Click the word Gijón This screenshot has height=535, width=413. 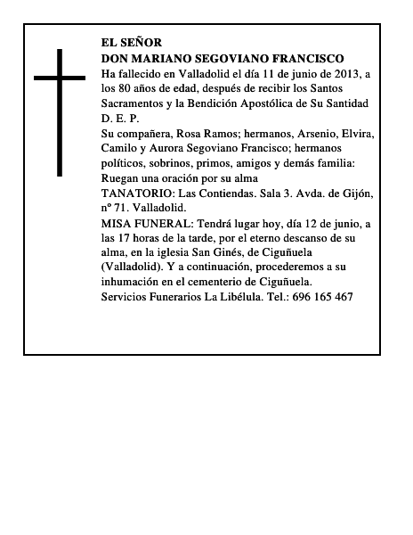click(x=355, y=193)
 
